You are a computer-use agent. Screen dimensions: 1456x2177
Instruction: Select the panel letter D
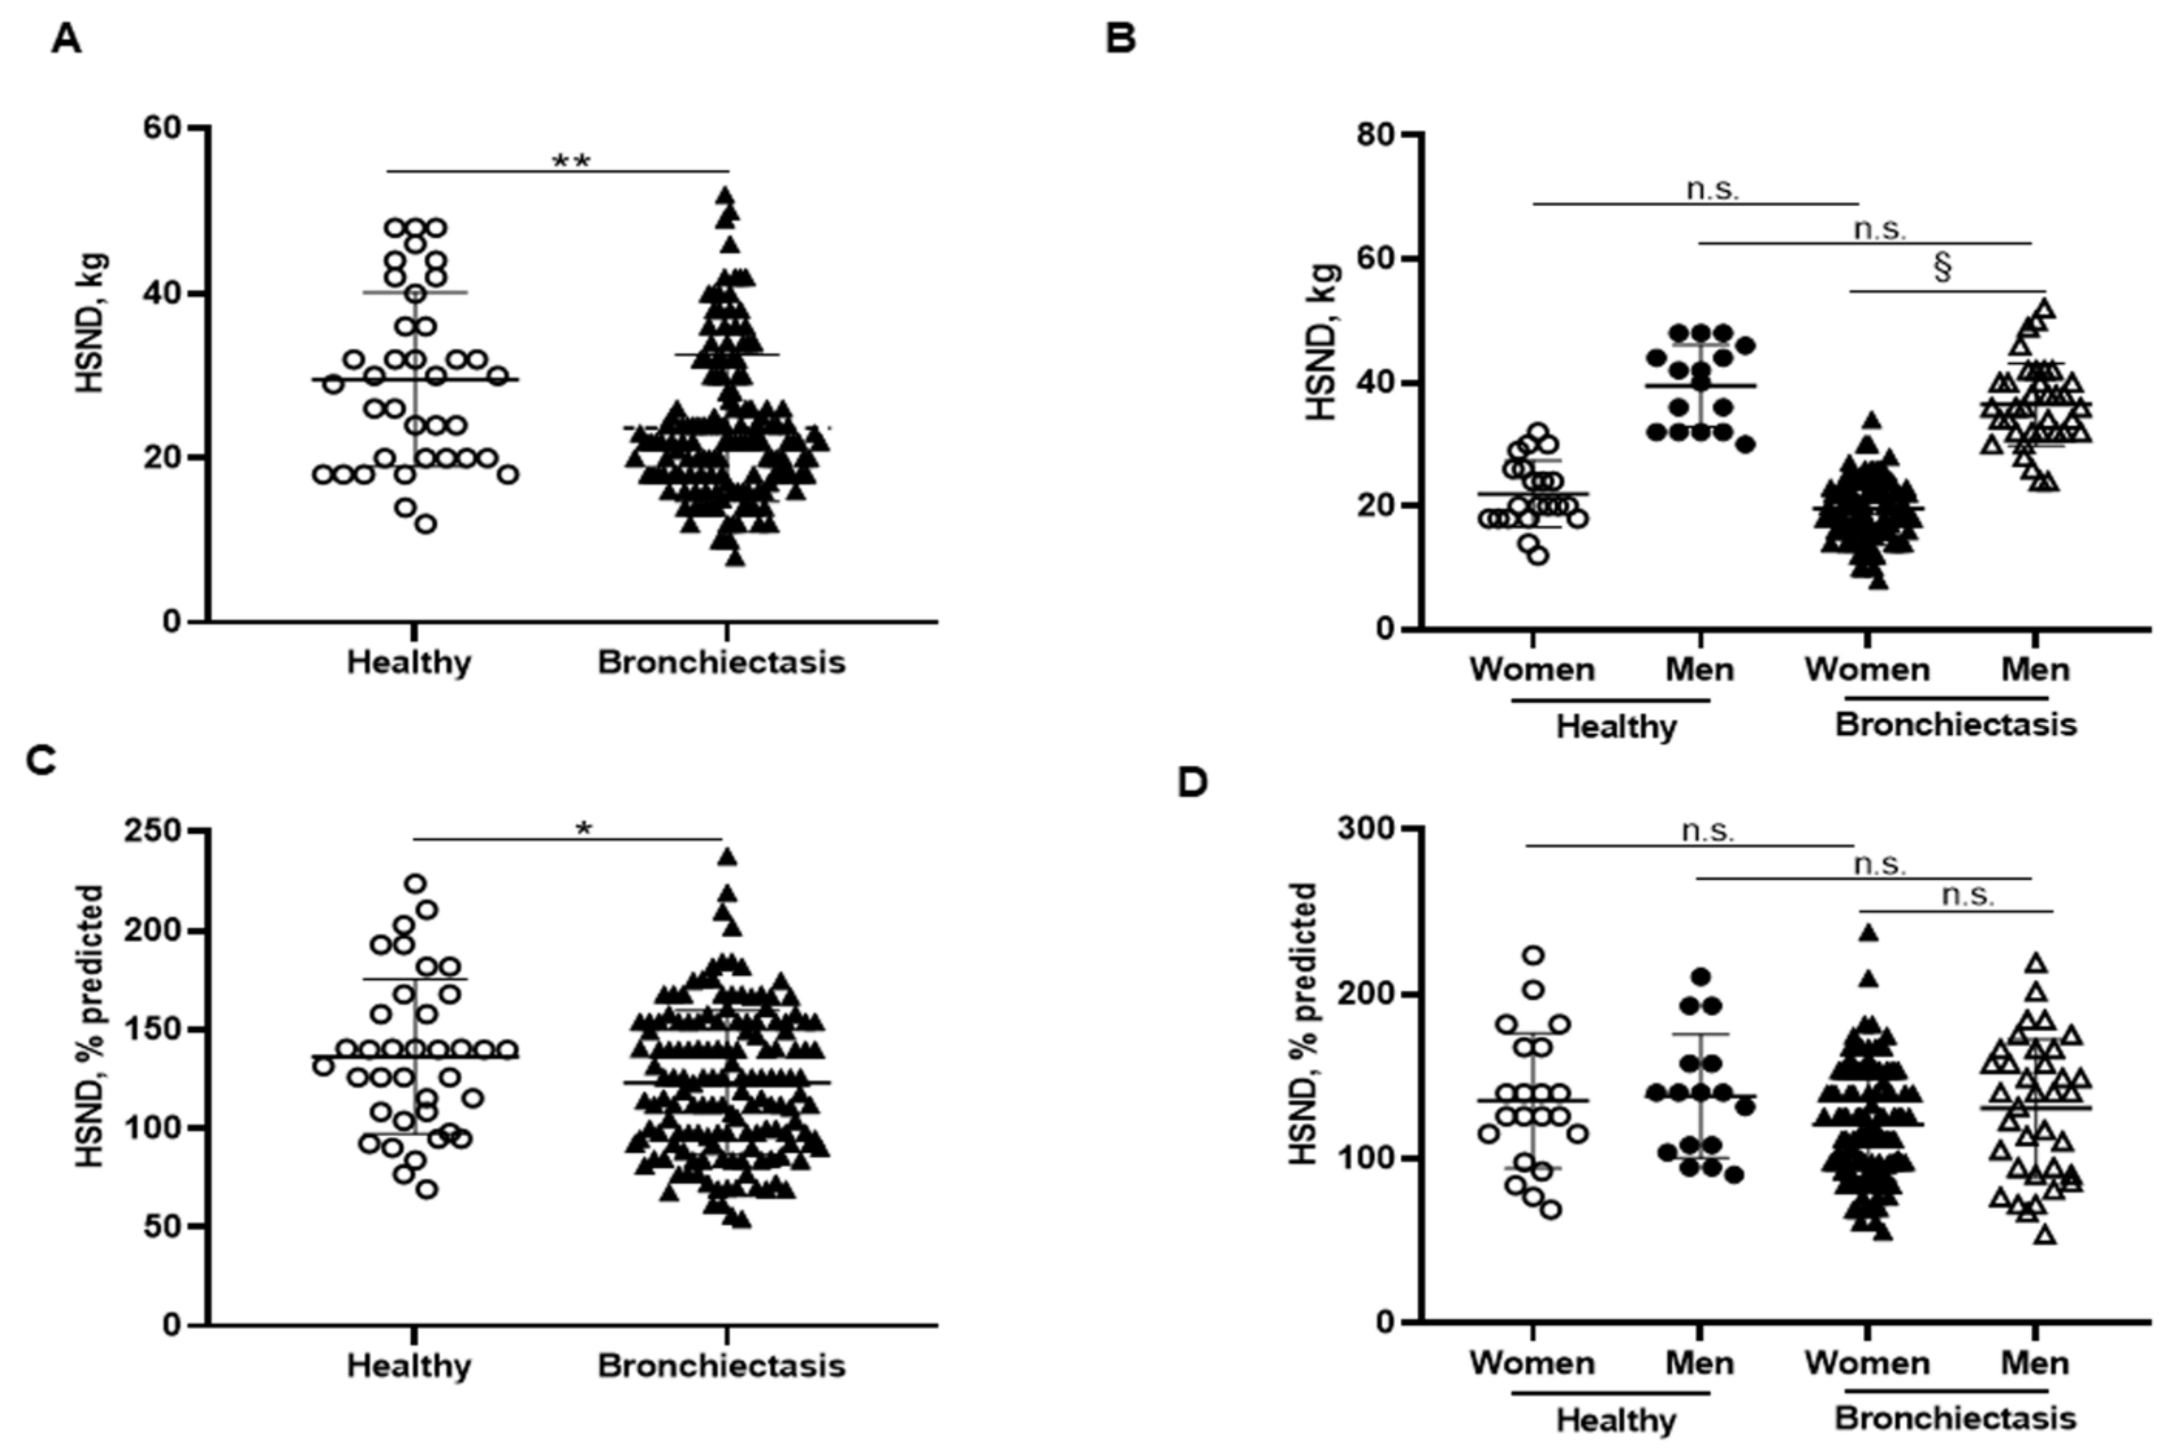1193,783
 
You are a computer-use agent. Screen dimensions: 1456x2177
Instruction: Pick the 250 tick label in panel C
153,830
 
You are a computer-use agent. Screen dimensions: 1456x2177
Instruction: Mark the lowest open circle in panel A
425,524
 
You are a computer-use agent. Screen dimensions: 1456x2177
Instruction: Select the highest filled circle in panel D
1701,977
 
